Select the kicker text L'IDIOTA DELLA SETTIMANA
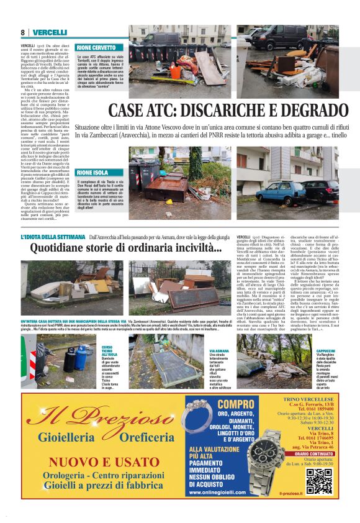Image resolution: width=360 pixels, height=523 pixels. click(x=53, y=237)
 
